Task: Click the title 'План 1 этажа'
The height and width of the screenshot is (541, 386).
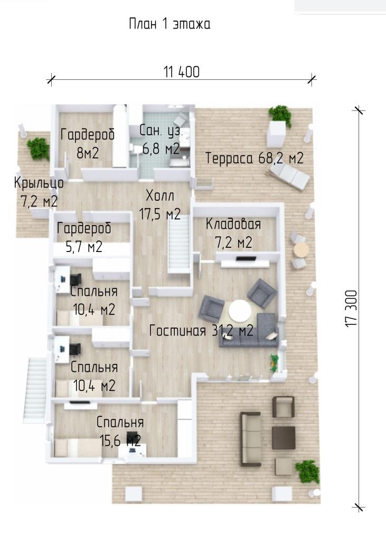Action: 170,24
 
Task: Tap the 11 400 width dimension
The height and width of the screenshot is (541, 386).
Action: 182,72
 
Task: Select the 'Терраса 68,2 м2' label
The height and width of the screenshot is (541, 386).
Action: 254,158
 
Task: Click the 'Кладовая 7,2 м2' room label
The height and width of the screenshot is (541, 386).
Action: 233,233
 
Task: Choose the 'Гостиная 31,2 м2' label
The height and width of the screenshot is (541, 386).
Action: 201,331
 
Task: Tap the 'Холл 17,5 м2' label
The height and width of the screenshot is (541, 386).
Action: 159,205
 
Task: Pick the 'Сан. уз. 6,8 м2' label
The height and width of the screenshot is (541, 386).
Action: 160,139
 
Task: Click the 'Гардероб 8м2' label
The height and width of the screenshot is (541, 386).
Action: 88,143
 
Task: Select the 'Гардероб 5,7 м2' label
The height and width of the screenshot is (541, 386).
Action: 84,237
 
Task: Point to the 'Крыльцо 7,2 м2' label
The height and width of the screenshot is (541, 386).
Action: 39,192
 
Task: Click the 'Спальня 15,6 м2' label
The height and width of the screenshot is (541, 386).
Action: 120,431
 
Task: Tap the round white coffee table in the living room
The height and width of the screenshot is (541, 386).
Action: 240,311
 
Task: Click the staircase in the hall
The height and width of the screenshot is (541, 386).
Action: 179,244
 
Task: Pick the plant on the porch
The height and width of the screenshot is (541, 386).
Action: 38,148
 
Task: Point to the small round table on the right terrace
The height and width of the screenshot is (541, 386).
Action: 300,250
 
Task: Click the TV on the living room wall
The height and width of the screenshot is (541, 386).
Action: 246,258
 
